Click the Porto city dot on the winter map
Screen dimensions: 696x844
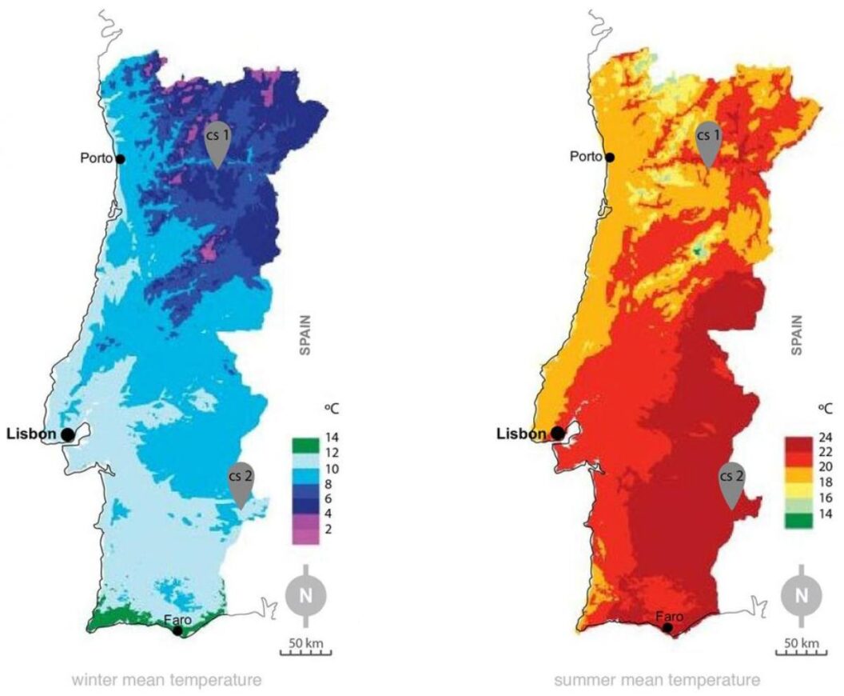[x=120, y=158]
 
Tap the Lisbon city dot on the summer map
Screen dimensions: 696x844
[x=557, y=434]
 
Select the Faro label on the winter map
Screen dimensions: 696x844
[x=177, y=618]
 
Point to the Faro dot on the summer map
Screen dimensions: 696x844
[x=667, y=628]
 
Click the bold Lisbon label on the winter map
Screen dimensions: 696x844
[x=31, y=434]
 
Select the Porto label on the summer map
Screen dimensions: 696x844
[x=587, y=158]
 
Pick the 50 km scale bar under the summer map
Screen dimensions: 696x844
[x=802, y=648]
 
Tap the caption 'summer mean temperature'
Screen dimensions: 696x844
[x=656, y=681]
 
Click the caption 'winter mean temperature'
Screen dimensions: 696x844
[x=166, y=681]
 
